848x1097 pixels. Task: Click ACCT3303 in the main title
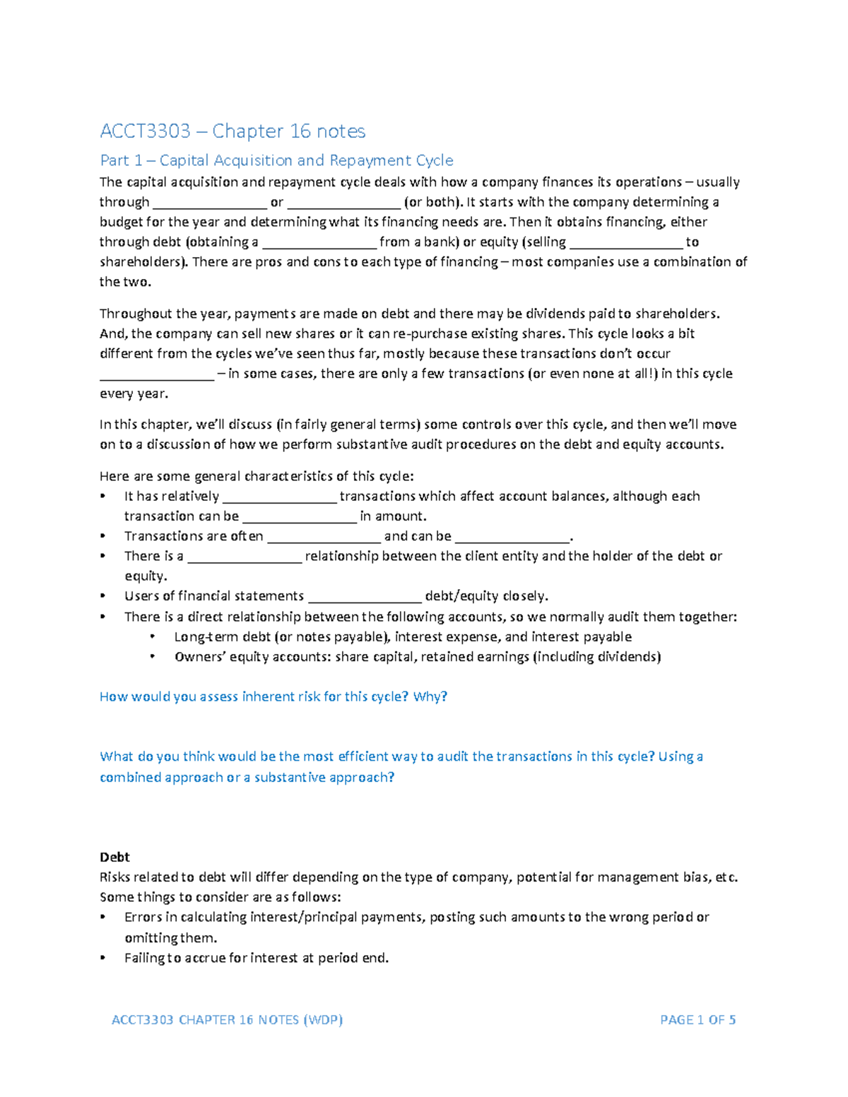point(145,131)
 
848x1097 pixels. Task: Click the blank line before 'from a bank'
point(319,243)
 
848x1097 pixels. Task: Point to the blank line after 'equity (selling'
point(626,243)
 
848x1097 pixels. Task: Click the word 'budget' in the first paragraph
point(122,222)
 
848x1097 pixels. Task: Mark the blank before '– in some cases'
point(156,374)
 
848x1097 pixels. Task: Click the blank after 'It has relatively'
point(279,497)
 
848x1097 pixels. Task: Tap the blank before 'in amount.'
point(299,517)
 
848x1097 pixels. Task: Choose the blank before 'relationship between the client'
point(245,557)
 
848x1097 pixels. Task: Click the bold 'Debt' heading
point(114,857)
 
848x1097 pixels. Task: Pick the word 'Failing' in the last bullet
point(144,958)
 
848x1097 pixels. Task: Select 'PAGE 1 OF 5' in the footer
point(697,1019)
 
